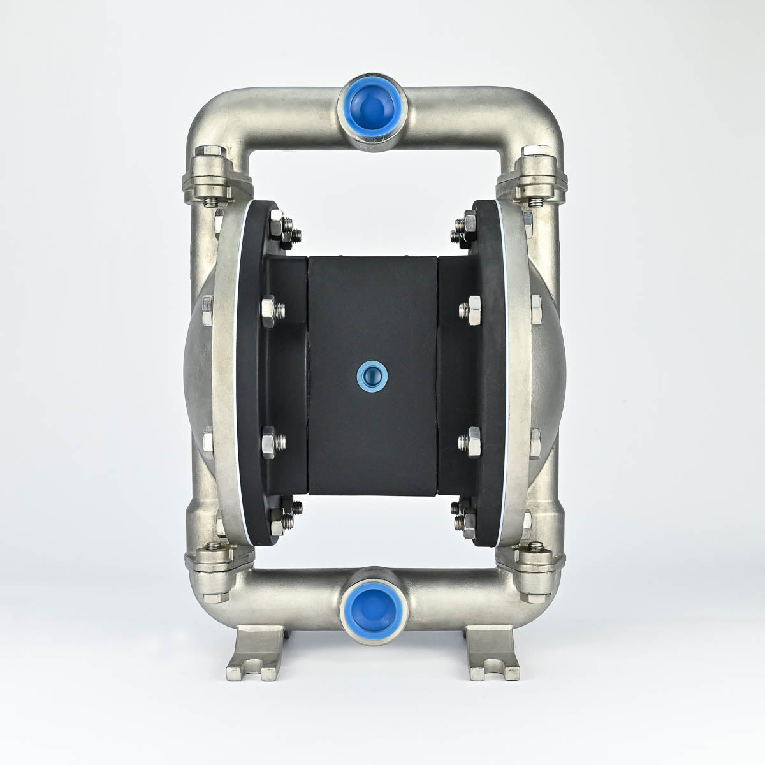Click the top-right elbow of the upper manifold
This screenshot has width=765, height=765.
tap(539, 115)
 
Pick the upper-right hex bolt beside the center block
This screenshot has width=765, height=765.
tap(474, 310)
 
